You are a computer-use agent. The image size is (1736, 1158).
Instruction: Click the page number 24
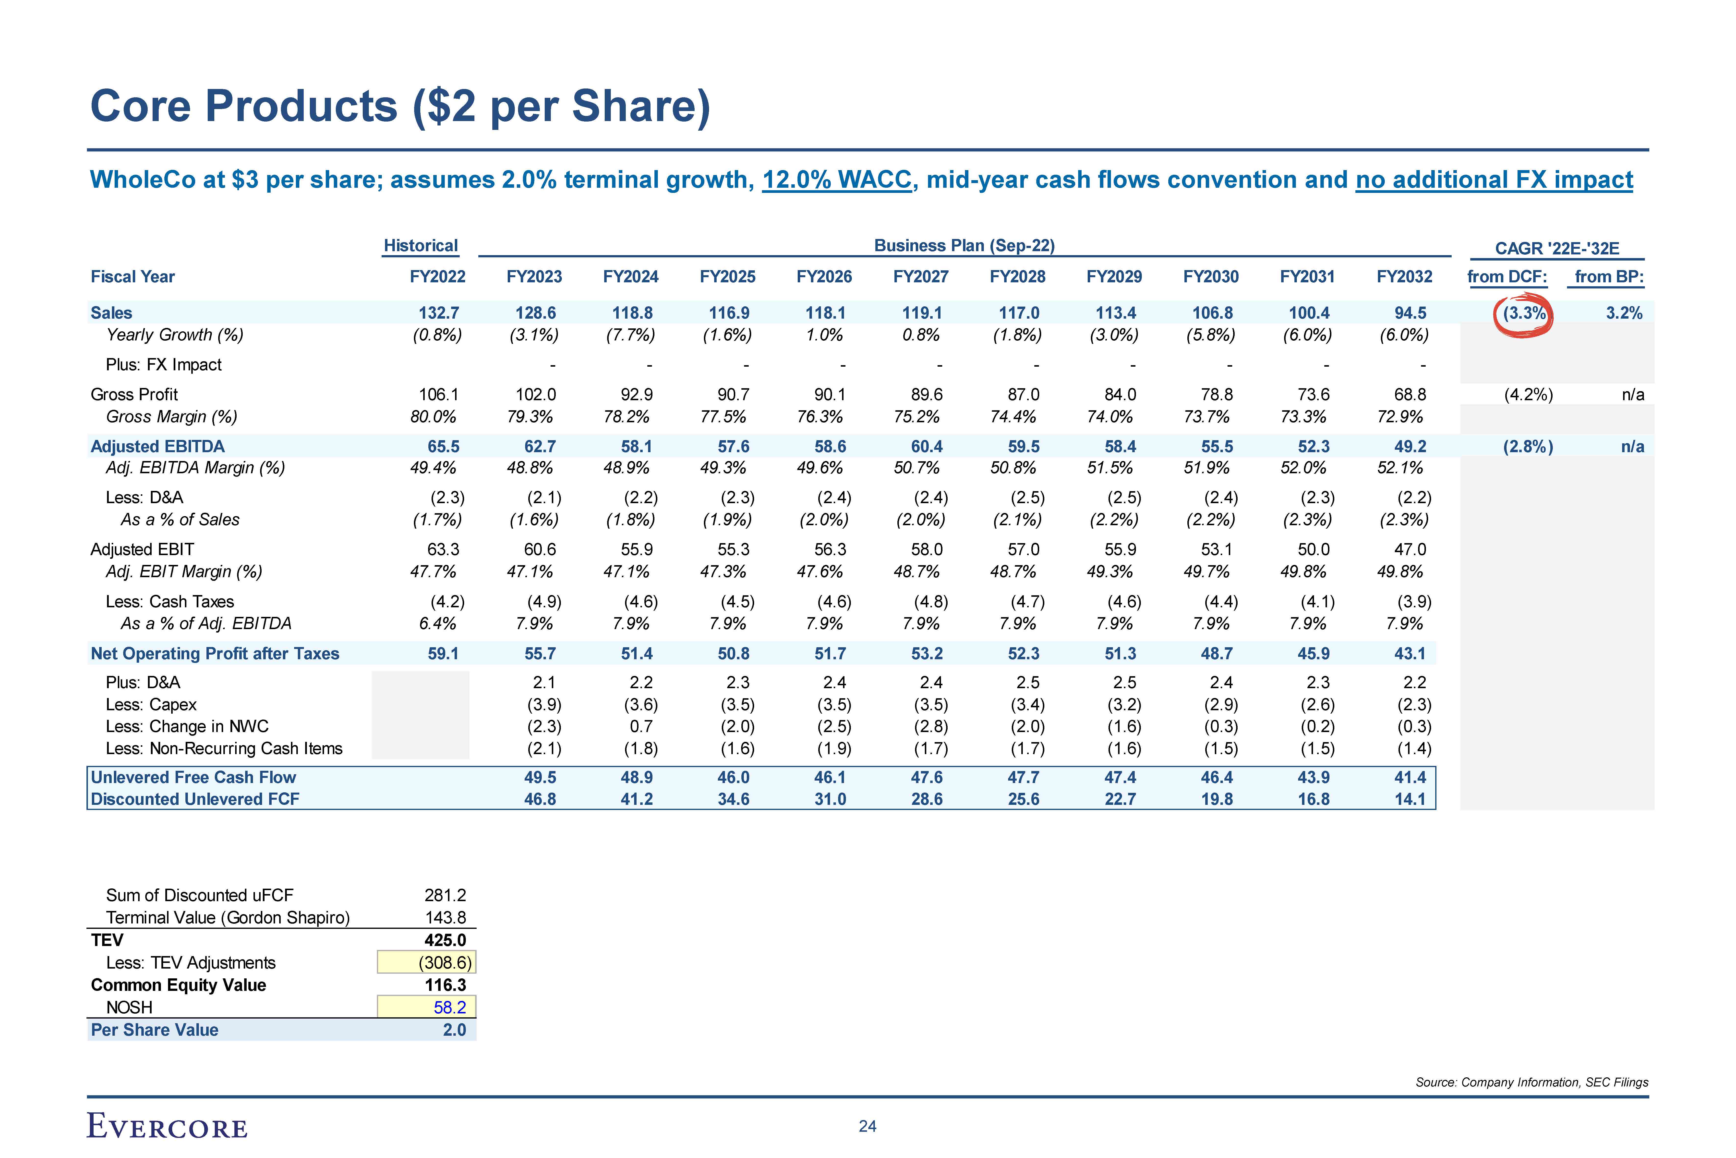click(867, 1126)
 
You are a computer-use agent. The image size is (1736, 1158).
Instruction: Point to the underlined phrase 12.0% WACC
click(837, 179)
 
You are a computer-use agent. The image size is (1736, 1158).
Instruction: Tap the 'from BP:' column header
click(1609, 277)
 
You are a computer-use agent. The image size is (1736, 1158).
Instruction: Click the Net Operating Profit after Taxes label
click(215, 654)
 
